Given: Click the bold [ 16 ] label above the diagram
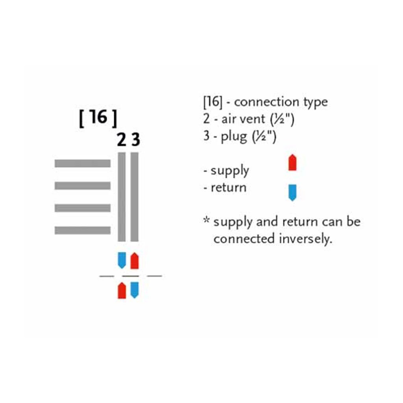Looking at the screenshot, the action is [x=98, y=118].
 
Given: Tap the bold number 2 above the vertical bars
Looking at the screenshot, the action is [x=122, y=140].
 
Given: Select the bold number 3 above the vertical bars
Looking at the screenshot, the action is [x=135, y=140].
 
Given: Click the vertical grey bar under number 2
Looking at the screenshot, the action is [x=122, y=197].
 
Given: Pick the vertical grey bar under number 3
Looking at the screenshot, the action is [x=135, y=197].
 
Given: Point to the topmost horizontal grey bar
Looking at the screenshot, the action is [x=82, y=164].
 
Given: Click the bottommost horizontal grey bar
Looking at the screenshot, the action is [x=82, y=230].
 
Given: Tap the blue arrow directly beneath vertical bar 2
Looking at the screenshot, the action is [x=122, y=260].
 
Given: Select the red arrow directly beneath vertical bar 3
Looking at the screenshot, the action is [x=135, y=261].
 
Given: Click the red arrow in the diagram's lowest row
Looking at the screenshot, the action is [x=122, y=291].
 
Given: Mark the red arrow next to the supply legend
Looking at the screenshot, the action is [x=292, y=163].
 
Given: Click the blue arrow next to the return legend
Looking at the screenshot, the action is [x=292, y=192].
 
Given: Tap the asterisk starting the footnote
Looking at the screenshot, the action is [x=206, y=219].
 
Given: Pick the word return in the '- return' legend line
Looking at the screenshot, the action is [x=228, y=188].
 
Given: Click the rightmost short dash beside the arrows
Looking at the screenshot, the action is [x=154, y=276].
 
